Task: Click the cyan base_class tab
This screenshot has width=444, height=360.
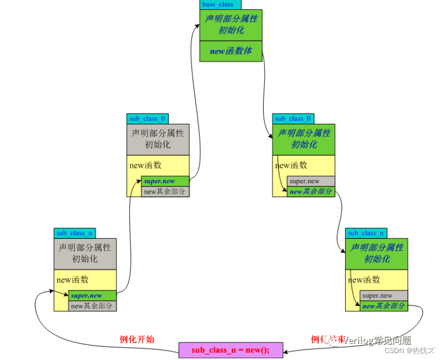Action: pyautogui.click(x=218, y=5)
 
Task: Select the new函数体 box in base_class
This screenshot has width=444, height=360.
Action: pyautogui.click(x=230, y=51)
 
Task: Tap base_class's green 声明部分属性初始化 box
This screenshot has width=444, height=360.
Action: pyautogui.click(x=230, y=24)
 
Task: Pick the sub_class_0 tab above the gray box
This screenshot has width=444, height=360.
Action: pyautogui.click(x=144, y=119)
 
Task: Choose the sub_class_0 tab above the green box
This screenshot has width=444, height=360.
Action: pyautogui.click(x=293, y=119)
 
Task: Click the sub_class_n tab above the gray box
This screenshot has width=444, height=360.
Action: pyautogui.click(x=75, y=233)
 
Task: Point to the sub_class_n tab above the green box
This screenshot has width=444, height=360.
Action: pyautogui.click(x=366, y=233)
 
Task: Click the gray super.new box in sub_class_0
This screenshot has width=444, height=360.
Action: pyautogui.click(x=311, y=181)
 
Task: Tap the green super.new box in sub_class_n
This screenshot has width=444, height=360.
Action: pyautogui.click(x=92, y=296)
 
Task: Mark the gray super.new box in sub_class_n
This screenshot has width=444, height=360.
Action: pyautogui.click(x=384, y=296)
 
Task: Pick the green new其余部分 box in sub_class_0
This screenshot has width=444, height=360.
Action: pyautogui.click(x=311, y=192)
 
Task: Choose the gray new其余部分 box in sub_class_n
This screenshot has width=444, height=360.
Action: pyautogui.click(x=92, y=306)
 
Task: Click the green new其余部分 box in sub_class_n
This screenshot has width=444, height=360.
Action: pyautogui.click(x=384, y=306)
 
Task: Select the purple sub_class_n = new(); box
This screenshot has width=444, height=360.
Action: pyautogui.click(x=230, y=350)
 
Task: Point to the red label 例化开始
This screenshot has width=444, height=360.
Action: pyautogui.click(x=136, y=339)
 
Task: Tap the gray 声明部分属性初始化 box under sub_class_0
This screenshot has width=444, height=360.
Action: pyautogui.click(x=157, y=138)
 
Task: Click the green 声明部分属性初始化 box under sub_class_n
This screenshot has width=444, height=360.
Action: pyautogui.click(x=376, y=253)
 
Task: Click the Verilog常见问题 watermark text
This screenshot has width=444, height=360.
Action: pyautogui.click(x=376, y=340)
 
